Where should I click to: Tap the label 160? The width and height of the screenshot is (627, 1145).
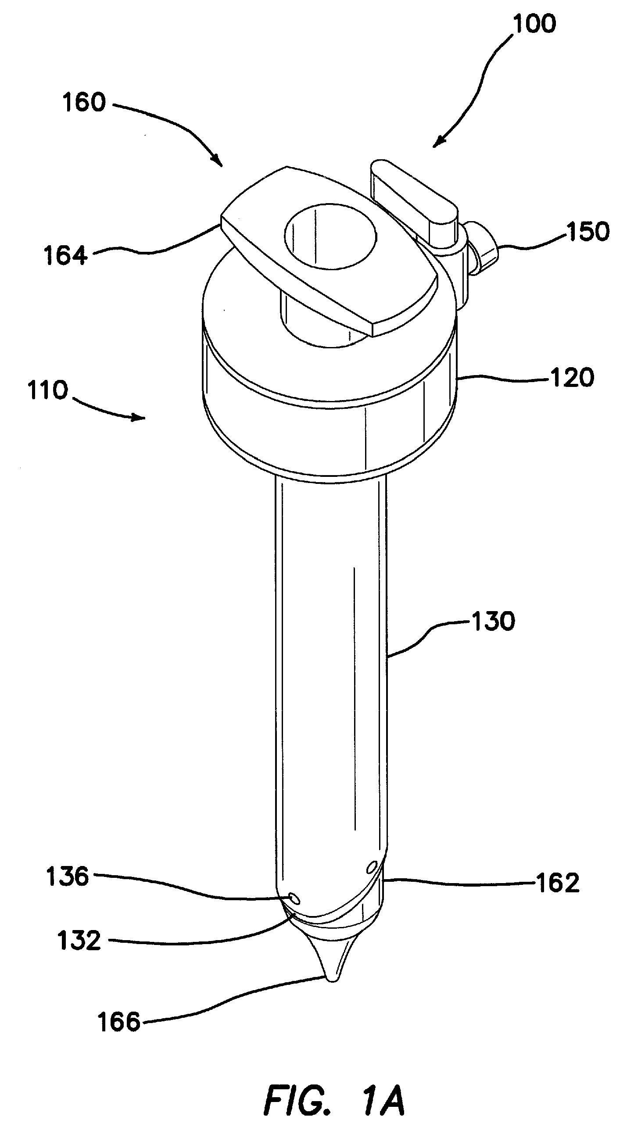(x=84, y=102)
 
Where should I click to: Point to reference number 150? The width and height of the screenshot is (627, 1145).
(x=588, y=232)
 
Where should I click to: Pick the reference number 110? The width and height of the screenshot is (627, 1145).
(x=47, y=390)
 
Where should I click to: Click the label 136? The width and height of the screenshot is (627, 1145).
(x=68, y=877)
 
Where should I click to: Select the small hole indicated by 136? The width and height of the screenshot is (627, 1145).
(x=294, y=899)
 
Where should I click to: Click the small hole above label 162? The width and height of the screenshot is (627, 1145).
(x=372, y=866)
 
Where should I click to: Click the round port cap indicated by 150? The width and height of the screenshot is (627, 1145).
(x=486, y=250)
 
